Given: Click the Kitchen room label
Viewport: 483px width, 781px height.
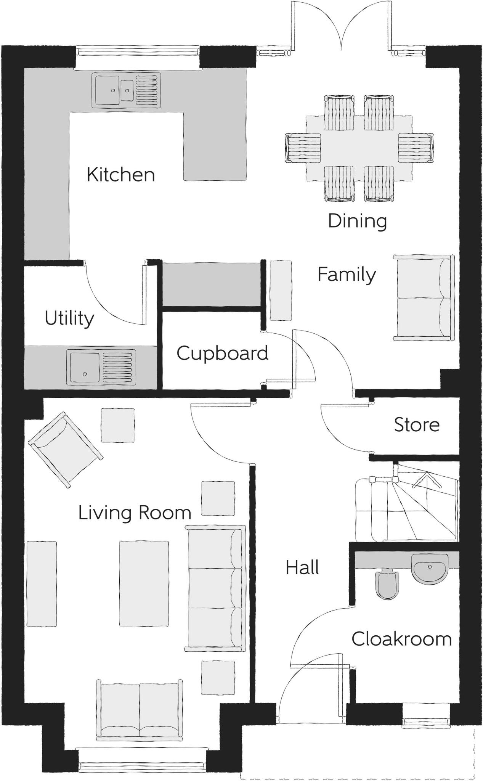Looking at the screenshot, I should (120, 175).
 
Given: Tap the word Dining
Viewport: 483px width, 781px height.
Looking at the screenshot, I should (357, 221).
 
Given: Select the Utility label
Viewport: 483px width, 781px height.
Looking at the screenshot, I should (69, 318).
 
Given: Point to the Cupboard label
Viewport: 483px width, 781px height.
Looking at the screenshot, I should (222, 353).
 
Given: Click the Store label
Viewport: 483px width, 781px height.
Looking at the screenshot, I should (416, 424).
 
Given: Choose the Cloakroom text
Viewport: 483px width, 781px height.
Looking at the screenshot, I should (401, 639).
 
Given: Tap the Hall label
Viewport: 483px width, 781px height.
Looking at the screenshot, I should (302, 567).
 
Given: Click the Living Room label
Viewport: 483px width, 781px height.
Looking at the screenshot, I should (135, 513).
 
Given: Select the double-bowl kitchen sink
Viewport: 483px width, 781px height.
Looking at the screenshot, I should (126, 90).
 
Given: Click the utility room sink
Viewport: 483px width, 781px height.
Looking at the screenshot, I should (101, 367).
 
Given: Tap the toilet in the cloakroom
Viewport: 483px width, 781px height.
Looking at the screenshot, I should (388, 585).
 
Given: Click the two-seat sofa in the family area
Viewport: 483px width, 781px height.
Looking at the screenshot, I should (423, 297).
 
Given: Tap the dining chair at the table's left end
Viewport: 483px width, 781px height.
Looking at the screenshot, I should (303, 148).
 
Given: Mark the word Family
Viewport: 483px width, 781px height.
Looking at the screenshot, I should (347, 275).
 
